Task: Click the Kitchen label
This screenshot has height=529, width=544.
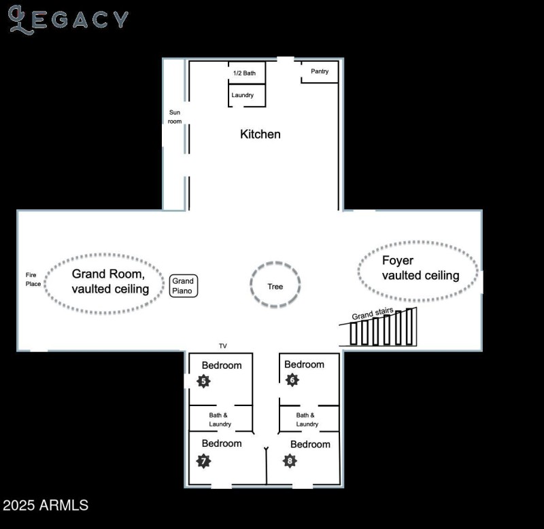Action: click(260, 134)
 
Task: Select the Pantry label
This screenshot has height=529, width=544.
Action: click(320, 71)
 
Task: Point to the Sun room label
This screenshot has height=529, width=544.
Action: click(175, 117)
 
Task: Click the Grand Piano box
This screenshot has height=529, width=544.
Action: click(183, 286)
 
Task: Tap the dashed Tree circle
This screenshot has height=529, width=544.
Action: click(275, 286)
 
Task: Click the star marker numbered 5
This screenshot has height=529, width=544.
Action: click(203, 381)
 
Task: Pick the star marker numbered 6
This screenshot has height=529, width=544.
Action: click(292, 380)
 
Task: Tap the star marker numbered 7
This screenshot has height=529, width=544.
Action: click(203, 461)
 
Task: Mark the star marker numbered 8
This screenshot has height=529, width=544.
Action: click(290, 461)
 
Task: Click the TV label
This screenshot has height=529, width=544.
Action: click(222, 346)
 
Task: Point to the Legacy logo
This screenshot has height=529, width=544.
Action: click(68, 19)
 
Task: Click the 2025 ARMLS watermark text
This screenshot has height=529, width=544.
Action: click(45, 505)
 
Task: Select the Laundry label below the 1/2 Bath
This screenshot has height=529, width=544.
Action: click(242, 95)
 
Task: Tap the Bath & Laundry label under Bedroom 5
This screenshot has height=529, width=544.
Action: click(220, 420)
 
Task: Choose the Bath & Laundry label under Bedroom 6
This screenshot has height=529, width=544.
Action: click(307, 420)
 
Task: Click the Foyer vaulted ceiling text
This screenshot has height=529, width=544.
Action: click(420, 268)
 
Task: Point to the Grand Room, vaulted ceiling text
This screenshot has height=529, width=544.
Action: click(110, 282)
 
